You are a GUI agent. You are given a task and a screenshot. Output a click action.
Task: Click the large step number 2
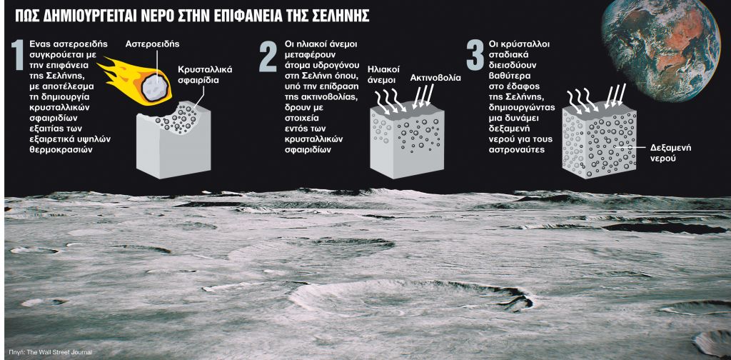pyautogui.click(x=267, y=56)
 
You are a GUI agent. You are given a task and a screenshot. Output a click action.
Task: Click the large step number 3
pyautogui.click(x=475, y=56)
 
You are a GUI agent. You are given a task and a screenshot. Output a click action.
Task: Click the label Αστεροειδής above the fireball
pyautogui.click(x=152, y=44)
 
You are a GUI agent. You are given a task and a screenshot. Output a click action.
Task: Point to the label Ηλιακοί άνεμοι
pyautogui.click(x=382, y=76)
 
